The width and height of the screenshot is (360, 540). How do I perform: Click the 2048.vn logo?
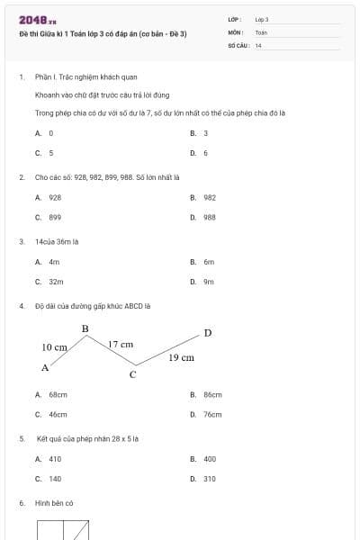[x=38, y=20]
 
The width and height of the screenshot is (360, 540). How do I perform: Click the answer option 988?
[x=209, y=217]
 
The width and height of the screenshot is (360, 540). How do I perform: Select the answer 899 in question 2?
[x=55, y=217]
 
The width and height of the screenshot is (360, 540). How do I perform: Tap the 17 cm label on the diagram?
[x=121, y=344]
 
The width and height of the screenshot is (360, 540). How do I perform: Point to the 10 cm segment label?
[x=55, y=346]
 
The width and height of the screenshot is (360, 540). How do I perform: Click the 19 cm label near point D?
[x=182, y=357]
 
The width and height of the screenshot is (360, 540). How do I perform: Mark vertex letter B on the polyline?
[x=85, y=328]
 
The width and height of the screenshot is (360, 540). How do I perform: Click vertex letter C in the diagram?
[x=132, y=374]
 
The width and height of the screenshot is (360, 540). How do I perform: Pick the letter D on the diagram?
[x=208, y=333]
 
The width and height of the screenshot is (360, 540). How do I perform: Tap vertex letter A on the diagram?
[x=45, y=367]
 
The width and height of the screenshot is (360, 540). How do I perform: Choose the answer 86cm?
[x=212, y=394]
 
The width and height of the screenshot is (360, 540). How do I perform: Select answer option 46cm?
[x=58, y=415]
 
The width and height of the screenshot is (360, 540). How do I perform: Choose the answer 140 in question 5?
[x=55, y=479]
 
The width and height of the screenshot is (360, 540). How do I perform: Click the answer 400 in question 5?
[x=210, y=458]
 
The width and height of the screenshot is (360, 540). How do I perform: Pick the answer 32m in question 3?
[x=56, y=281]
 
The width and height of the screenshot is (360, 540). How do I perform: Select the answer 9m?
[x=209, y=281]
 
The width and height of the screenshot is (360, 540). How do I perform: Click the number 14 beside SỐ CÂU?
[x=258, y=45]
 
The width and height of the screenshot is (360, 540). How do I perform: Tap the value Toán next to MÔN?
[x=261, y=31]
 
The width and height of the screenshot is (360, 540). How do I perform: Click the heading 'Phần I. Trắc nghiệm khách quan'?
[x=86, y=77]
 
